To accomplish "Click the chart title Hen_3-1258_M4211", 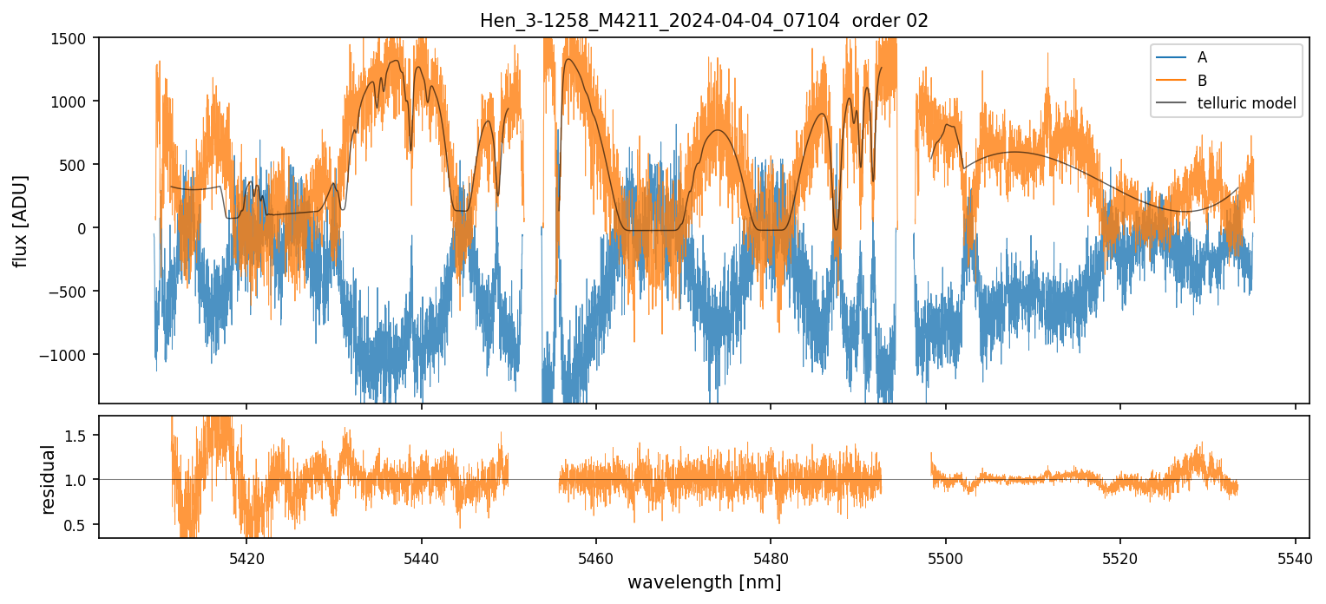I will point(704,21).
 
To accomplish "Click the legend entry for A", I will point(1202,58).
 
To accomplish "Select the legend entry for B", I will point(1202,81).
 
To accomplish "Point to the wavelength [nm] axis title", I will point(704,582).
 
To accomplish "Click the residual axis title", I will point(49,479).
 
